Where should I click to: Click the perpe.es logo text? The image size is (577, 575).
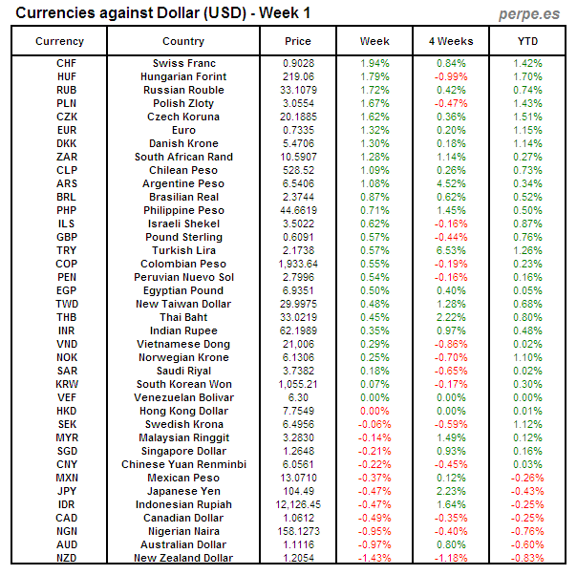tap(531, 13)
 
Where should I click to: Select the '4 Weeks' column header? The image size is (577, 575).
tap(451, 41)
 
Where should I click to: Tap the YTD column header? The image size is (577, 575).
tap(527, 41)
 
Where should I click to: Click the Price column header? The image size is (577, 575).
tap(298, 41)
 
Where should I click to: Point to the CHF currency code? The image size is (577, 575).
tap(67, 63)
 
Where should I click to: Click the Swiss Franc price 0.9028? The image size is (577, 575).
tap(298, 63)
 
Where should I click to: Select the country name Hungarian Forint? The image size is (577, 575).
tap(182, 76)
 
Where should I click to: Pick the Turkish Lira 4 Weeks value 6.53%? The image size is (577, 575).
tap(451, 250)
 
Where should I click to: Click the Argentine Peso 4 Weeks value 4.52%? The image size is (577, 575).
tap(451, 183)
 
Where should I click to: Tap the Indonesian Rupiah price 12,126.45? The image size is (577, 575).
tap(298, 504)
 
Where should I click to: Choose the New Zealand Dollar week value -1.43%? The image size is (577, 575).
tap(374, 558)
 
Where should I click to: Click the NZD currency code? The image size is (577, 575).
tap(67, 558)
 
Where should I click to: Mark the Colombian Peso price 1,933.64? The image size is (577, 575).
tap(298, 264)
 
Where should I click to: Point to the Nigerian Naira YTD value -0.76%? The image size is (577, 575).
tap(527, 531)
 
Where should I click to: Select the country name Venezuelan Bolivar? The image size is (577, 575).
tap(182, 397)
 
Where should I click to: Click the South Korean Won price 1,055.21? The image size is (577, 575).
tap(298, 384)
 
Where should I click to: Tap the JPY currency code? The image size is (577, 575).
tap(67, 491)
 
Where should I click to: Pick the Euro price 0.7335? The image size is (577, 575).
tap(298, 130)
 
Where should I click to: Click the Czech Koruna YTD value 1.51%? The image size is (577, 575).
tap(527, 117)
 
